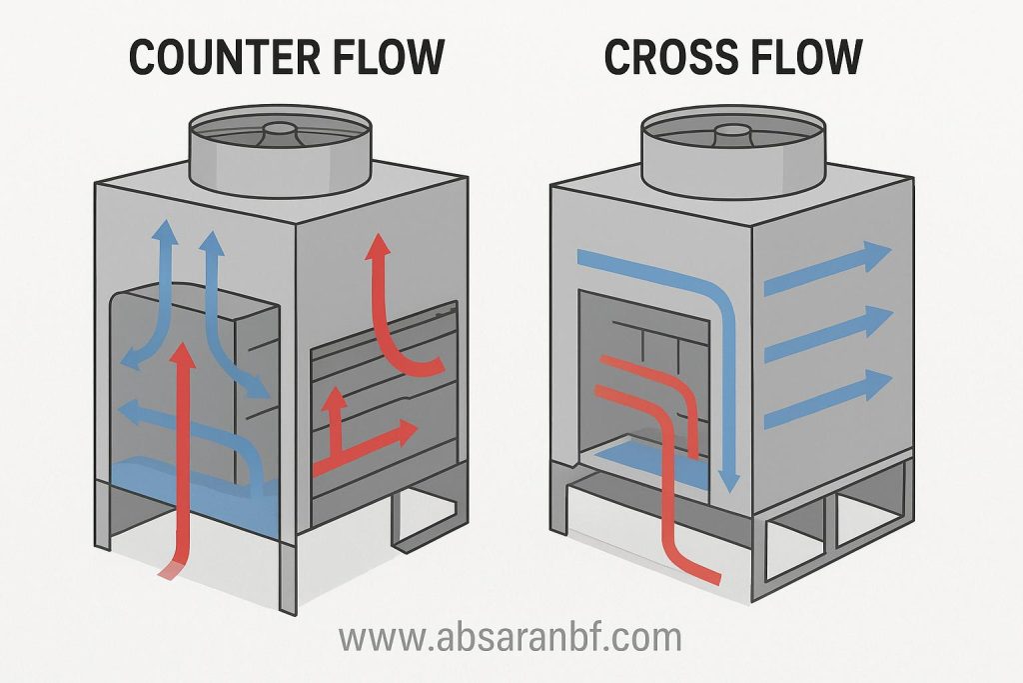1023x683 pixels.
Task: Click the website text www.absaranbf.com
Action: click(x=510, y=637)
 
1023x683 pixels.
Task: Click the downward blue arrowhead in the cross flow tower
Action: click(x=731, y=482)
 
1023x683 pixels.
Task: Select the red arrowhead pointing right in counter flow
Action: click(x=405, y=432)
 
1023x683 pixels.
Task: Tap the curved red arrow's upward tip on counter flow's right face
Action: click(x=378, y=246)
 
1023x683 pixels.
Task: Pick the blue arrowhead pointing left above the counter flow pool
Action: click(x=126, y=409)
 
